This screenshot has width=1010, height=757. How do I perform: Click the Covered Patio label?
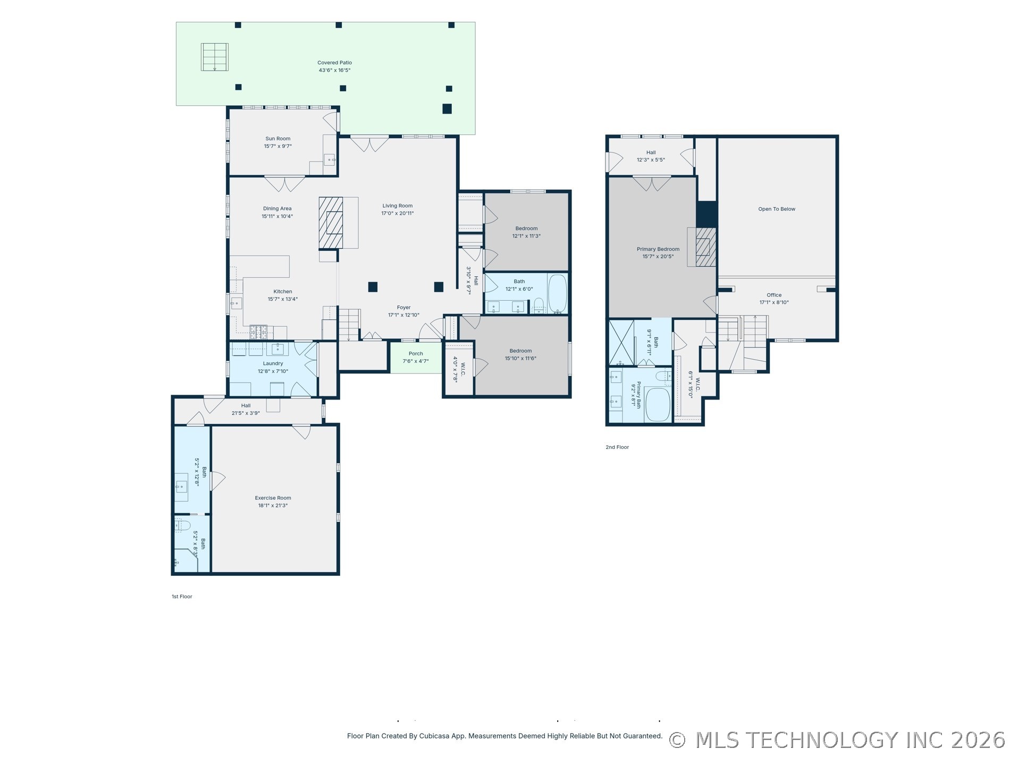[x=334, y=63]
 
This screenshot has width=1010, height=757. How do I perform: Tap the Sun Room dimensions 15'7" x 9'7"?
[x=278, y=146]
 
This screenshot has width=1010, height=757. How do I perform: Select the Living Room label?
[x=397, y=206]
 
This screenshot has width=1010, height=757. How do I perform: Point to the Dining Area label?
[x=277, y=209]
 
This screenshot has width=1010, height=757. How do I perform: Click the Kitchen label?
[x=283, y=292]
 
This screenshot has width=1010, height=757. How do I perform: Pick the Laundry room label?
[x=273, y=363]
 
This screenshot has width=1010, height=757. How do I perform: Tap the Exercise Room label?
[x=273, y=498]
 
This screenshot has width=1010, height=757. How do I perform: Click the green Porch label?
[x=416, y=354]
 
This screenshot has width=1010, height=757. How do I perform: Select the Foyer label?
[x=403, y=308]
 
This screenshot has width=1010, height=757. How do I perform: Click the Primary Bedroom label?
[x=658, y=249]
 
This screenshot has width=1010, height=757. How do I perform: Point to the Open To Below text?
[x=777, y=209]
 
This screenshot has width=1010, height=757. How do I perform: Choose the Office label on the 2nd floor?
[x=774, y=295]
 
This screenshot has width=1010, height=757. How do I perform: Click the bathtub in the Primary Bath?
[x=658, y=405]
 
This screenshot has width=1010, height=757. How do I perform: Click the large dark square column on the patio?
[x=447, y=108]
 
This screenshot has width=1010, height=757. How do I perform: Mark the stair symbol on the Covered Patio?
[x=215, y=57]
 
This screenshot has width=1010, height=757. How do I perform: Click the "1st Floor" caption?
[x=182, y=597]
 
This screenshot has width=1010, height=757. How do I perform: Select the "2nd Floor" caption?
[x=617, y=447]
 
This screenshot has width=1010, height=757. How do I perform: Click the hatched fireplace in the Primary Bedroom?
[x=706, y=247]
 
